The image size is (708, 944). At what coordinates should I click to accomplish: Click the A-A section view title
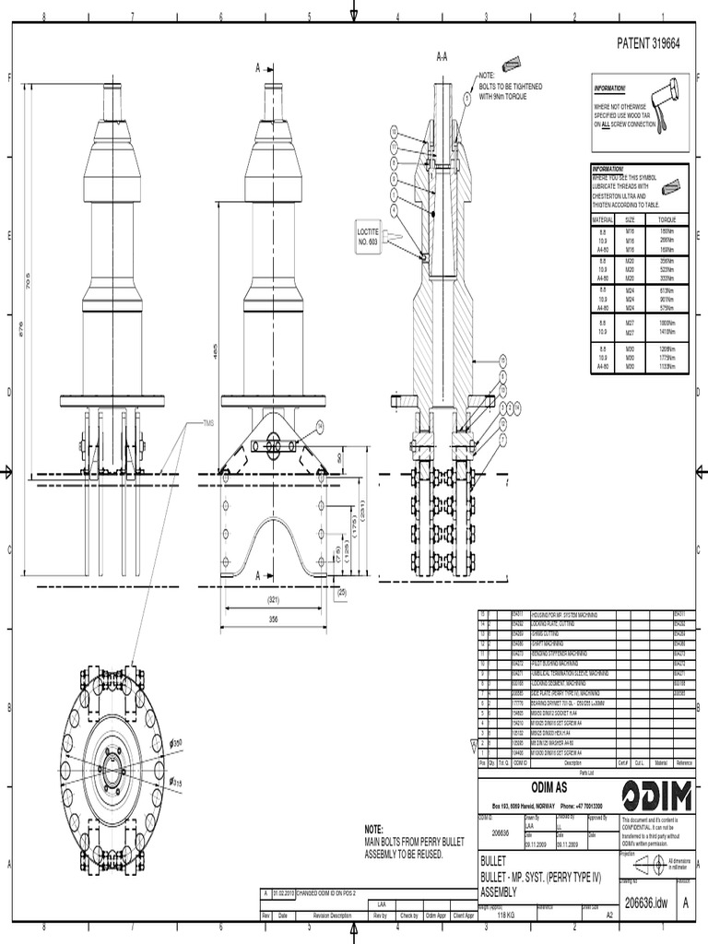click(442, 57)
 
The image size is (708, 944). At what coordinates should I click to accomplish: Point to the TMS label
click(209, 424)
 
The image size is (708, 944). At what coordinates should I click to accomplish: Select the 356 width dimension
click(272, 619)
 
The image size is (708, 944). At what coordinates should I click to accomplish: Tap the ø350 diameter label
click(178, 741)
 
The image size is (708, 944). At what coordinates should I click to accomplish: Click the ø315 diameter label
click(176, 783)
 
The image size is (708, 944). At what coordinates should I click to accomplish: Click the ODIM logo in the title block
click(654, 795)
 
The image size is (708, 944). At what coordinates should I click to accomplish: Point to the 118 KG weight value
click(505, 915)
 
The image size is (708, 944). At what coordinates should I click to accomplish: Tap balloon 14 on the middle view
click(320, 426)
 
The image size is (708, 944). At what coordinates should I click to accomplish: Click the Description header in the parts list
click(572, 763)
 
